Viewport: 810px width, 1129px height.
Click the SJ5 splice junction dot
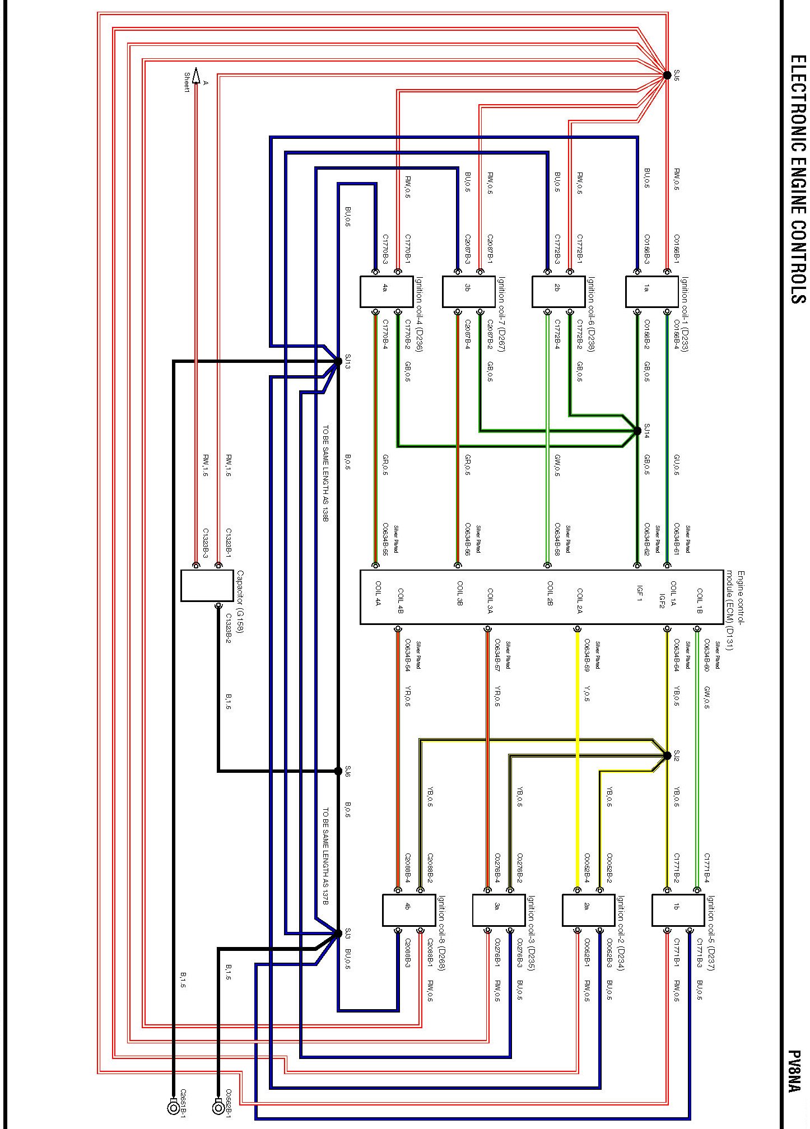click(x=667, y=75)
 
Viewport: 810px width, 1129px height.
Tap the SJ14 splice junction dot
click(x=637, y=431)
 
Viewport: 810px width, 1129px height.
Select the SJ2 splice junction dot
click(x=667, y=755)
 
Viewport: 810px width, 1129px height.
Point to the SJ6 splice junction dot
click(x=338, y=771)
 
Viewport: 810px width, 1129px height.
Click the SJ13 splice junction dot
click(x=338, y=361)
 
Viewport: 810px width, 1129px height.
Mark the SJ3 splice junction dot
click(x=338, y=933)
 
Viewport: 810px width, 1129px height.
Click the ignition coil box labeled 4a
click(x=386, y=291)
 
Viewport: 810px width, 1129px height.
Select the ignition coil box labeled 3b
click(x=468, y=291)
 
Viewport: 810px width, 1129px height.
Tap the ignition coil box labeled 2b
click(x=558, y=291)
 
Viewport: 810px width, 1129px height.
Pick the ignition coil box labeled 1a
click(x=651, y=291)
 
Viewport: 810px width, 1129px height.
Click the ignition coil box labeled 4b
click(x=408, y=910)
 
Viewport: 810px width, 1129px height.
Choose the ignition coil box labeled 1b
click(x=678, y=910)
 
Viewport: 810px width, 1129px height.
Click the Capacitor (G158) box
click(x=207, y=585)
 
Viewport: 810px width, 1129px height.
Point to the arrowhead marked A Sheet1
click(x=195, y=74)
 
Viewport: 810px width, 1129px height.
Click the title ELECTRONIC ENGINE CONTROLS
click(x=797, y=179)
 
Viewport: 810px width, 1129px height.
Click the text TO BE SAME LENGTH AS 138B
click(x=325, y=474)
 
